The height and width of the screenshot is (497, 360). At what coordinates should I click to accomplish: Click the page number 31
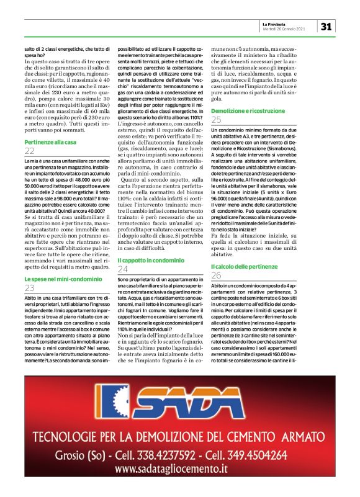(x=327, y=26)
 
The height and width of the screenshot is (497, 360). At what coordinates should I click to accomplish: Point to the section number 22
(x=30, y=151)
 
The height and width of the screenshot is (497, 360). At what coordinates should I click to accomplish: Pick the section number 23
(x=30, y=289)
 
